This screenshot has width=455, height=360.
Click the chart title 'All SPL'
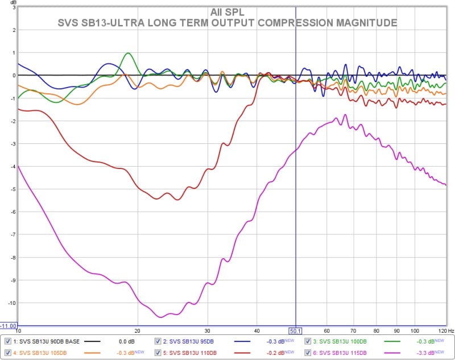(227, 12)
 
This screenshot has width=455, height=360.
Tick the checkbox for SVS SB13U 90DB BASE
(8, 341)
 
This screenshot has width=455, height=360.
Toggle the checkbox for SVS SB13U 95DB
(158, 341)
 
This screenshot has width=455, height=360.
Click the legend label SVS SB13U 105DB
(42, 353)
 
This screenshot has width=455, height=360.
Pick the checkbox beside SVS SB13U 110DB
(158, 353)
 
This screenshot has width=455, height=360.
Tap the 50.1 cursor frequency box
(295, 330)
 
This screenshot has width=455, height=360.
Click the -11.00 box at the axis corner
(9, 326)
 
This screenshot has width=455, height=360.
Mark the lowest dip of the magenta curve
(161, 317)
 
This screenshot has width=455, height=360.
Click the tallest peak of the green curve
(128, 53)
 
